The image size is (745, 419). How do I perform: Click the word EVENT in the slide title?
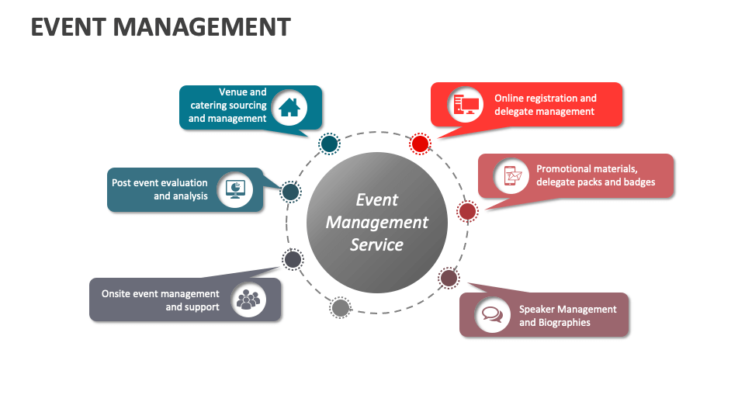(x=68, y=27)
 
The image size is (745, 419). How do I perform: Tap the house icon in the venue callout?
(x=289, y=106)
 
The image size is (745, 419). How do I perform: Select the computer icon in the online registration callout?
(x=466, y=105)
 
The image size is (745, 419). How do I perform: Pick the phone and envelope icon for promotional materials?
(x=511, y=175)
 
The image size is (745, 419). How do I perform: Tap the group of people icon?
(x=248, y=299)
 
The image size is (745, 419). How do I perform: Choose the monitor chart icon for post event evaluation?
(x=234, y=189)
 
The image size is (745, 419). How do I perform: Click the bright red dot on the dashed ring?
(x=420, y=144)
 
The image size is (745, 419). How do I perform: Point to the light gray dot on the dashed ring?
(x=340, y=308)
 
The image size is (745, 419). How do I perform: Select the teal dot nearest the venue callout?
(x=329, y=144)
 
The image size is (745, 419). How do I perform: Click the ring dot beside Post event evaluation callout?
(x=289, y=192)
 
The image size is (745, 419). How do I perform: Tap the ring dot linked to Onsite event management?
(x=293, y=259)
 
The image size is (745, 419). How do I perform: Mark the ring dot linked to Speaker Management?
(x=449, y=278)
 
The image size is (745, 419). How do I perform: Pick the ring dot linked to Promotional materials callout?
(x=467, y=211)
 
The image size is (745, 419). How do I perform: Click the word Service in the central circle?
(x=376, y=244)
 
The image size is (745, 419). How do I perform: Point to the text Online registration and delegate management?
(x=546, y=105)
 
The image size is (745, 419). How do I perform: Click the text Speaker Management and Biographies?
(x=567, y=315)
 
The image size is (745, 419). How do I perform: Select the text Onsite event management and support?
(x=161, y=300)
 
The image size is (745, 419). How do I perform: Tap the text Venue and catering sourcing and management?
(x=227, y=106)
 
